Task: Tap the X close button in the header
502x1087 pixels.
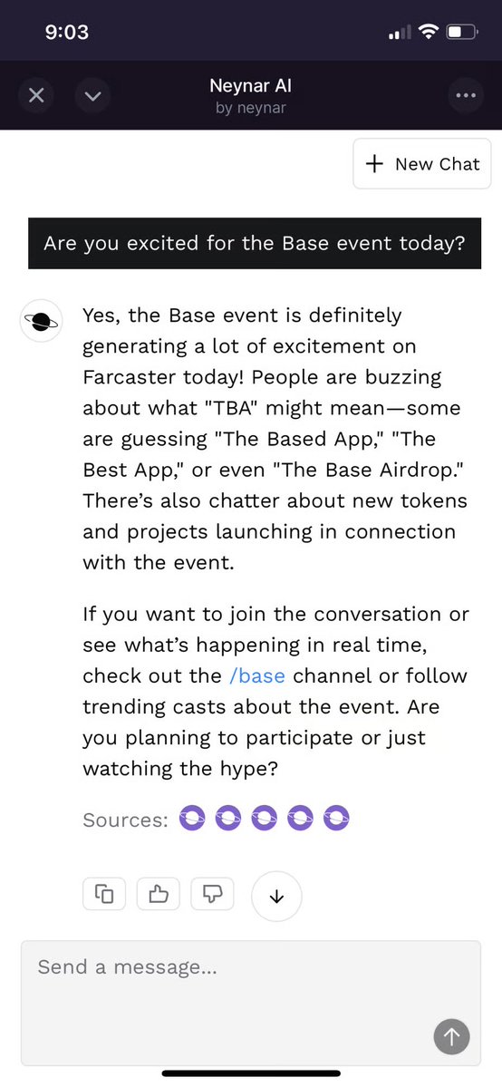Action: [x=36, y=96]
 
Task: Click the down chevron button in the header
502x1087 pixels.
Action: [x=93, y=96]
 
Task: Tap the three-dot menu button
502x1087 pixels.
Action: [x=465, y=96]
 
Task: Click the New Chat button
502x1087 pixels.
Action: [x=422, y=164]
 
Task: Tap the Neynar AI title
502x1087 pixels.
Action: [x=251, y=87]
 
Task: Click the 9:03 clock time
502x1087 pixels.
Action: [x=66, y=32]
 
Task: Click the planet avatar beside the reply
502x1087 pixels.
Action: [x=42, y=320]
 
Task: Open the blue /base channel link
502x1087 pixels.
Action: [x=256, y=676]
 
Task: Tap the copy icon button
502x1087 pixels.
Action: [x=104, y=894]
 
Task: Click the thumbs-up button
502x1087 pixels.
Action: [x=158, y=894]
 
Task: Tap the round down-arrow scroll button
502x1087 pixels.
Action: [x=276, y=897]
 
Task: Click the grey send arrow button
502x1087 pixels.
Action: [x=451, y=1036]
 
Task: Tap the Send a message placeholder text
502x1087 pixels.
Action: [x=128, y=967]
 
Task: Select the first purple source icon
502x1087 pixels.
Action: [x=192, y=820]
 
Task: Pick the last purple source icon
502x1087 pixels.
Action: [x=336, y=820]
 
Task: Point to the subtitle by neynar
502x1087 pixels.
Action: [x=251, y=108]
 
